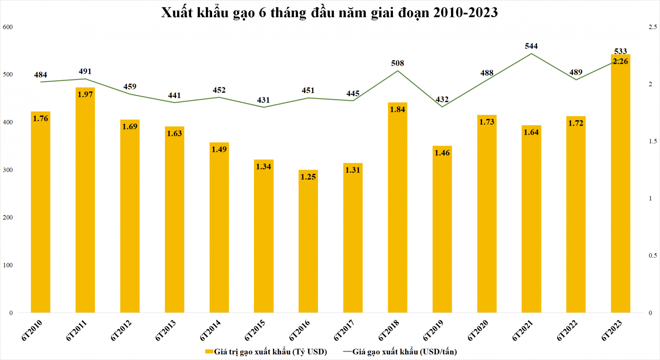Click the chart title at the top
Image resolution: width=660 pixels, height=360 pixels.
click(329, 13)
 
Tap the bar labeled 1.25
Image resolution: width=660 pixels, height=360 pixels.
click(308, 240)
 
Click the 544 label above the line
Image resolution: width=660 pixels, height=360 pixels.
click(531, 46)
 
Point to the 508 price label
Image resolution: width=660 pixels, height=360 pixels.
click(397, 63)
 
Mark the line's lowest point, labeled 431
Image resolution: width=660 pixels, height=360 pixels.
click(264, 107)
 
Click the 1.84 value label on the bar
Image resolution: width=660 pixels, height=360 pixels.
click(397, 110)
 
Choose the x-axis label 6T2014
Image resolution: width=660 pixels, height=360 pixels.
click(210, 330)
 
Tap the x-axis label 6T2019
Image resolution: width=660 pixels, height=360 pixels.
click(433, 330)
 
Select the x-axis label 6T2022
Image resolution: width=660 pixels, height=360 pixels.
click(567, 330)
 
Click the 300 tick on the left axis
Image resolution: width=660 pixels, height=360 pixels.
click(8, 170)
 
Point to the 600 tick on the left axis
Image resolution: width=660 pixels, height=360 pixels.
click(8, 27)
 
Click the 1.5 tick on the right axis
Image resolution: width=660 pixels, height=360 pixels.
click(652, 141)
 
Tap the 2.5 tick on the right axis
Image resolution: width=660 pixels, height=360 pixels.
click(652, 27)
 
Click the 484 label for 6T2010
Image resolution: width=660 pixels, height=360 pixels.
click(41, 75)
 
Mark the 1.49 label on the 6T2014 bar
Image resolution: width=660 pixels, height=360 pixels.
click(219, 149)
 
